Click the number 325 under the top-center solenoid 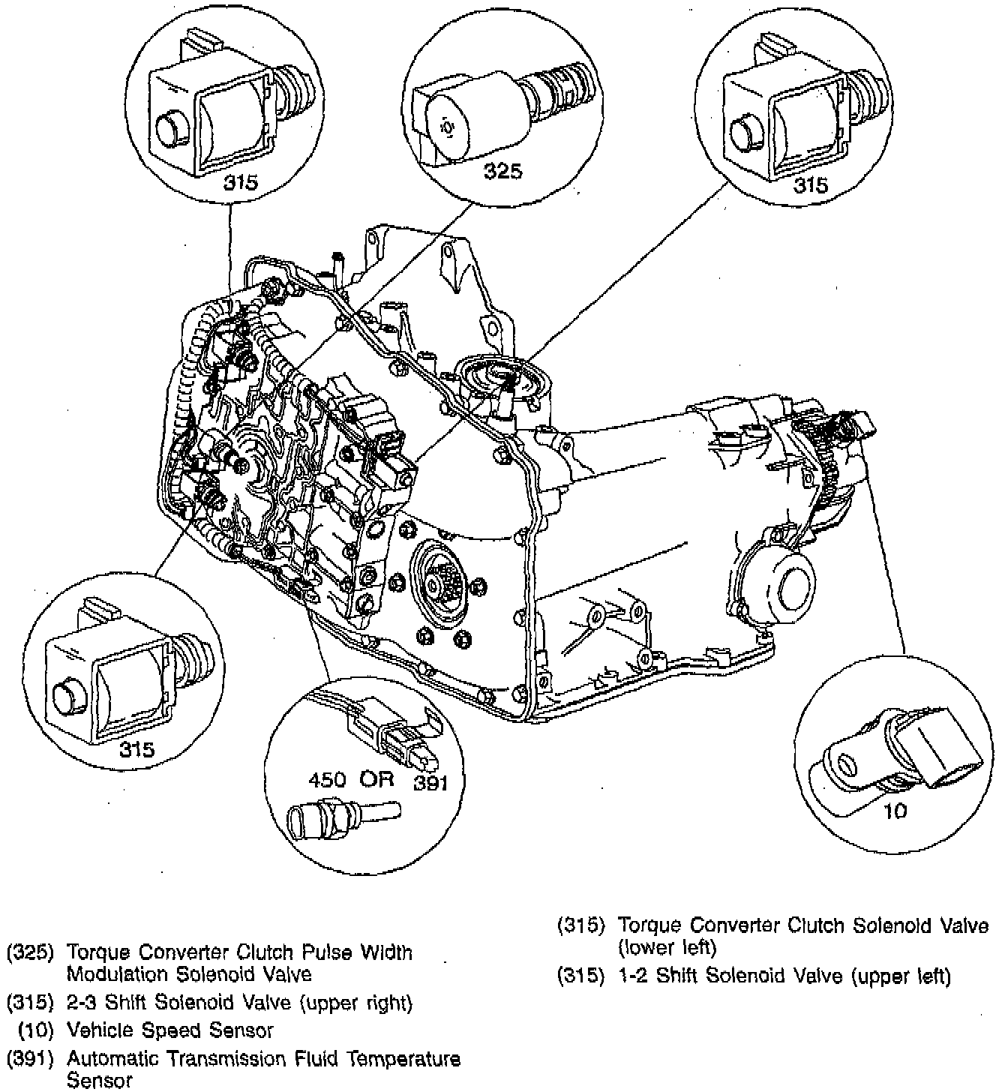coord(502,172)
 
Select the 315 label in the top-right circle coord(811,184)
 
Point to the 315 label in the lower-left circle coord(137,749)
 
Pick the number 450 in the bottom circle coord(327,779)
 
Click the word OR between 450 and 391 coord(376,779)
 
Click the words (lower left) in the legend coord(667,948)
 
